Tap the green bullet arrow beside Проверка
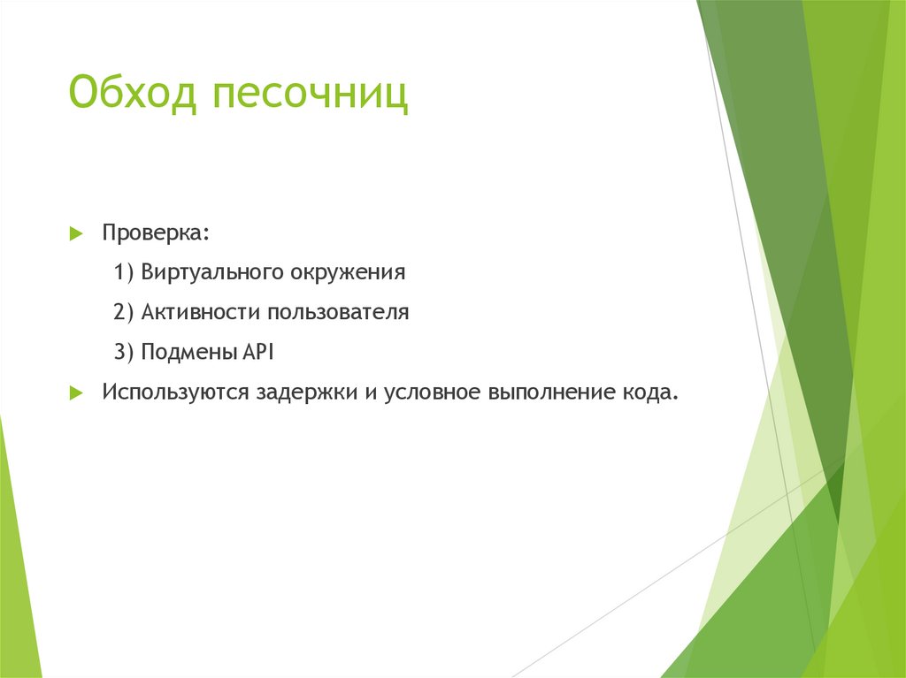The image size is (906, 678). (x=76, y=234)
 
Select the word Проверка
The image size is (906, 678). (x=151, y=233)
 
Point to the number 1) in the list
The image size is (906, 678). (x=124, y=272)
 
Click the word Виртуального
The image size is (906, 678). (x=211, y=272)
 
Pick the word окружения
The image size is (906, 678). (x=348, y=273)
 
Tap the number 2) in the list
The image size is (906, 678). (x=124, y=312)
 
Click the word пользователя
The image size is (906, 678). (x=339, y=312)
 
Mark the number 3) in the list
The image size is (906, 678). (x=124, y=352)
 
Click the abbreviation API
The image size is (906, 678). (x=257, y=352)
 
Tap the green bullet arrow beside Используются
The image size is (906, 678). (x=76, y=393)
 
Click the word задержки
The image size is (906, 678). (x=307, y=392)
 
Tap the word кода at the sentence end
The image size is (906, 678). (x=646, y=392)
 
